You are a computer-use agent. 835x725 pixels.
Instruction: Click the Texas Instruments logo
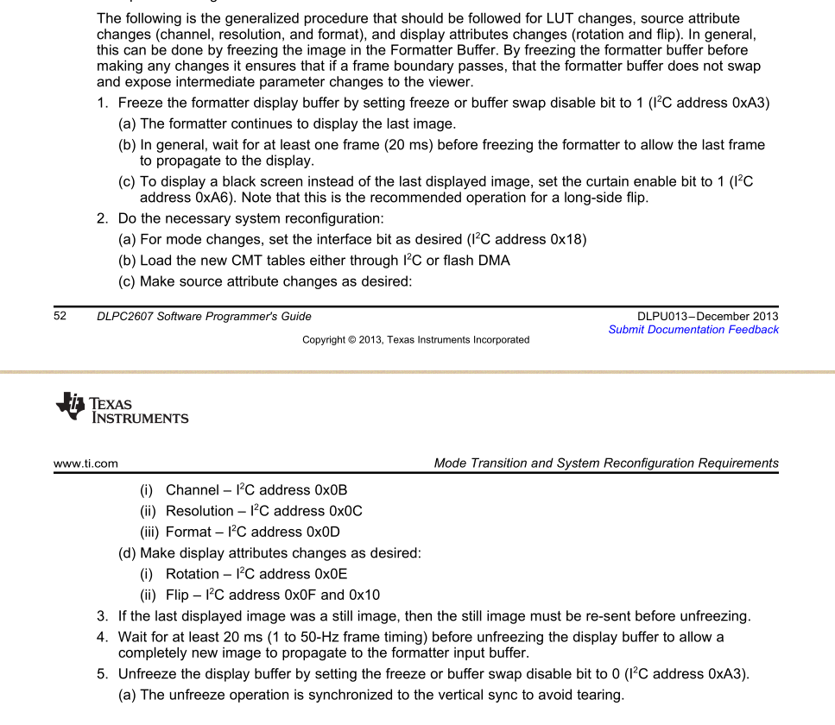(x=122, y=408)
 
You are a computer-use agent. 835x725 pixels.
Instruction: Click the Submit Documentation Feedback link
(x=693, y=330)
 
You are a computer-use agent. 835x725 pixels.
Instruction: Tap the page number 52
(x=60, y=316)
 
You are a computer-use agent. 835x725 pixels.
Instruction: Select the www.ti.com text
(x=85, y=463)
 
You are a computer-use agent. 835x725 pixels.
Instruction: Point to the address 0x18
(x=566, y=239)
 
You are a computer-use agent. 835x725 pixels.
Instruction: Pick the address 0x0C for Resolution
(x=345, y=511)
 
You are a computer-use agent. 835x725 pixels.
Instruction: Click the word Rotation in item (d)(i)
(x=193, y=574)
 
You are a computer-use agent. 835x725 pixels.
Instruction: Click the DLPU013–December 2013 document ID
(x=707, y=316)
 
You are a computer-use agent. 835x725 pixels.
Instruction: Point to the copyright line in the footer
(x=415, y=340)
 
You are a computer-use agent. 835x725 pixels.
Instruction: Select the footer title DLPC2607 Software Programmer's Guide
(x=204, y=316)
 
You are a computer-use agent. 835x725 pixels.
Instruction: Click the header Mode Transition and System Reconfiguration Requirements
(x=606, y=463)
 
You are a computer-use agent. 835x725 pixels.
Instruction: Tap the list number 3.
(x=101, y=616)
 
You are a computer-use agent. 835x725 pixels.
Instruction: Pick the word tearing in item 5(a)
(x=599, y=695)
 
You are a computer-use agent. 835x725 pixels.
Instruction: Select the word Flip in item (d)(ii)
(x=177, y=595)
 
